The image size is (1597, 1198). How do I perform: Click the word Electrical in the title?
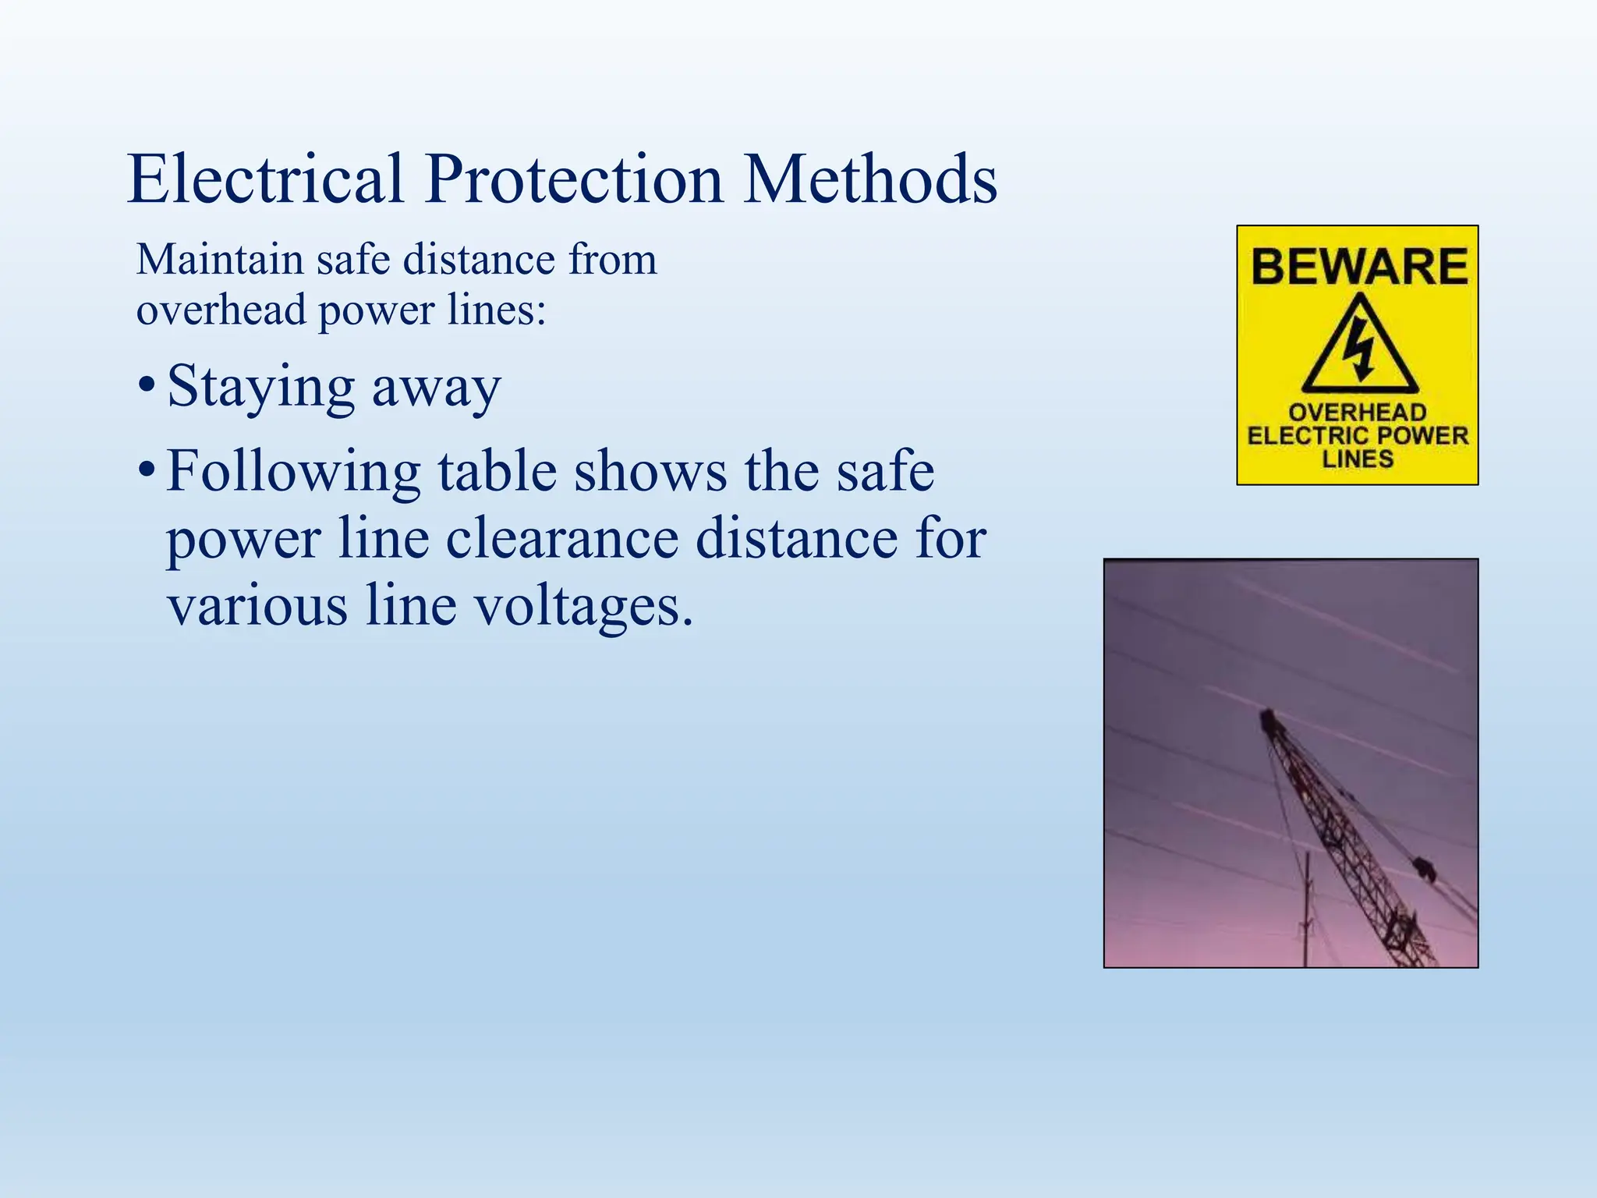click(265, 179)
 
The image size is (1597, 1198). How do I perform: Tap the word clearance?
click(561, 539)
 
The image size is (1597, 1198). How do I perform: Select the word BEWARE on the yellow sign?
click(1359, 267)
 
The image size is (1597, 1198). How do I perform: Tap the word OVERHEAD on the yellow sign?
click(1358, 413)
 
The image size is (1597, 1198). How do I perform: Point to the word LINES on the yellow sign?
click(1358, 459)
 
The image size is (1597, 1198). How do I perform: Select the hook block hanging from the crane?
click(1425, 868)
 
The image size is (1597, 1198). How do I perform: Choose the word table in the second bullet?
click(497, 473)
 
